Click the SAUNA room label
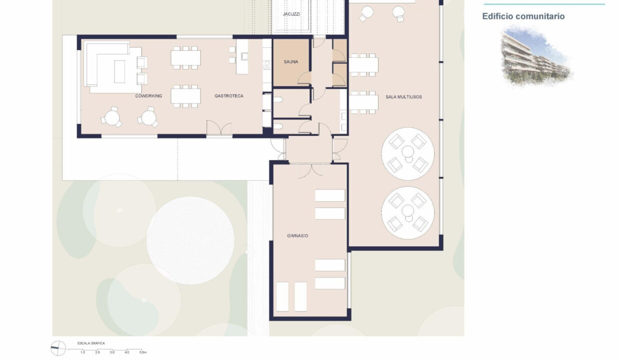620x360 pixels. pos(291,61)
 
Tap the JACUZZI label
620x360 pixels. pos(291,14)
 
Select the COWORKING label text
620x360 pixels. pos(148,95)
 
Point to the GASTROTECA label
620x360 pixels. pos(229,95)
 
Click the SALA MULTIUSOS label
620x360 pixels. pos(403,97)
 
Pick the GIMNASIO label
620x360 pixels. pos(297,236)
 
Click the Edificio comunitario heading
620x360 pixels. pos(523,16)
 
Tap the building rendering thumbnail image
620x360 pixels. pos(536,56)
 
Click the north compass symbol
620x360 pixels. pos(58,348)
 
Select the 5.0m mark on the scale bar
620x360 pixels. pos(143,352)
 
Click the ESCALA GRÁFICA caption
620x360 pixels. pos(91,343)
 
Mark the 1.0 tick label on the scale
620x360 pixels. pos(83,352)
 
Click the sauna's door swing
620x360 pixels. pos(304,77)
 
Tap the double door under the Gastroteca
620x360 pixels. pos(219,127)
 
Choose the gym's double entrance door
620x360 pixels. pos(311,170)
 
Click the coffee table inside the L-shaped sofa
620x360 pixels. pos(119,71)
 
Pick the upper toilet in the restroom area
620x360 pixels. pos(278,99)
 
